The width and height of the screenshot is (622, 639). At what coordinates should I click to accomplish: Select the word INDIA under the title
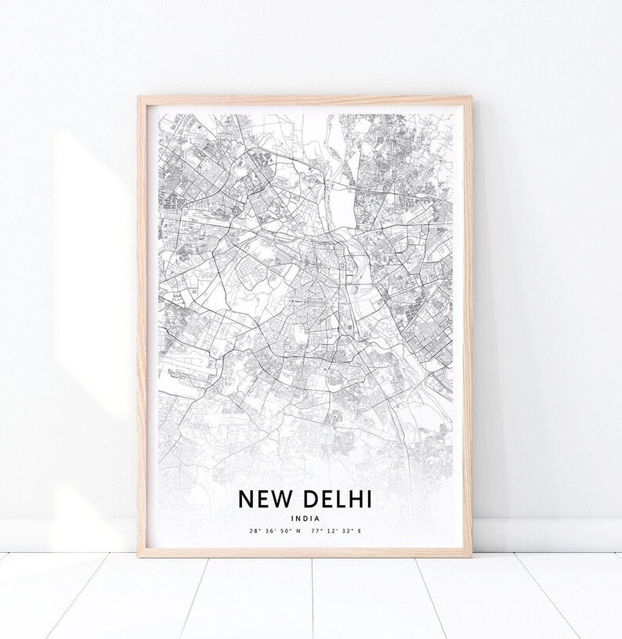[305, 517]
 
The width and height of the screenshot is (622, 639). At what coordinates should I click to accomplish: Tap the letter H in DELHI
[359, 498]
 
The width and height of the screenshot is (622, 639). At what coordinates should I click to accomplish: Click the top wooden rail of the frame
[306, 99]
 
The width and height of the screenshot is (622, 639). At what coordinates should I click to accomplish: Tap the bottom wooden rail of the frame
[306, 552]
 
